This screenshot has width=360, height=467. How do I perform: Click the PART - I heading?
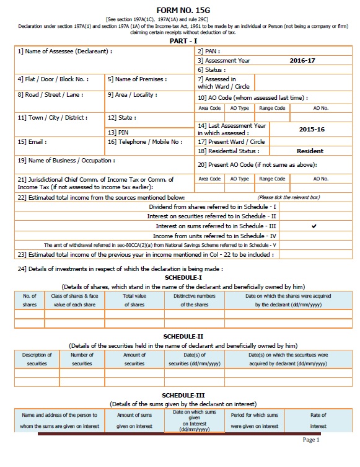(x=179, y=40)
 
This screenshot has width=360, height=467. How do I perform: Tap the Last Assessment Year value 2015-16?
(x=311, y=130)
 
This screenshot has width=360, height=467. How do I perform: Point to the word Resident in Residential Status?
(x=310, y=151)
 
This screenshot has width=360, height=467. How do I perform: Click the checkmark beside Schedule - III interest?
(x=314, y=226)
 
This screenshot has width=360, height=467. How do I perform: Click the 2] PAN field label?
(x=209, y=51)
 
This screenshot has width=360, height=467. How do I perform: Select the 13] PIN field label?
(x=118, y=132)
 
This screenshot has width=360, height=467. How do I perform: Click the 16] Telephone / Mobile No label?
(x=144, y=142)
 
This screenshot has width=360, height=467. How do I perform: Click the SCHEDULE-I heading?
(x=179, y=278)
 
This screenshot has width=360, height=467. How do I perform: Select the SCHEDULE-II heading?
(x=179, y=336)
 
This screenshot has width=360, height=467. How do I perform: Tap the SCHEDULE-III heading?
(x=179, y=394)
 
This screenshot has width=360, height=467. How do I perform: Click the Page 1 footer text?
(x=310, y=440)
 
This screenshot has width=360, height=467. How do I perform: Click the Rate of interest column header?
(x=318, y=420)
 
